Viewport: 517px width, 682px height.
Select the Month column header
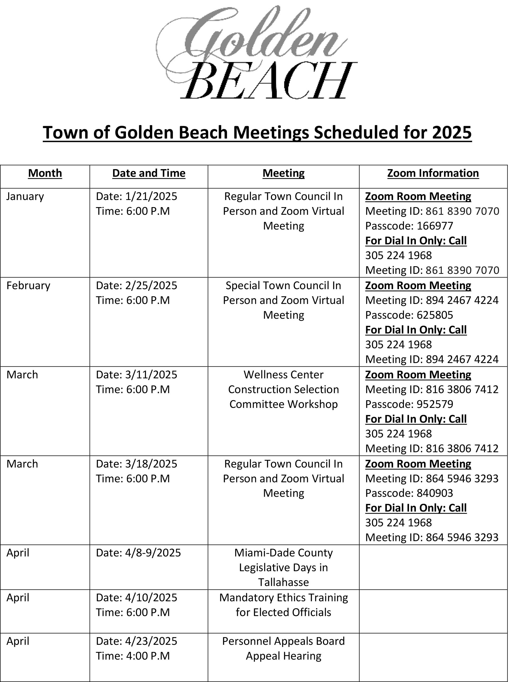click(x=45, y=173)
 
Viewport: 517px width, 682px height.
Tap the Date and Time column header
click(x=149, y=173)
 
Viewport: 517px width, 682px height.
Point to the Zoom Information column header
click(x=433, y=173)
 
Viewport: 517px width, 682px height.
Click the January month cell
click(x=25, y=196)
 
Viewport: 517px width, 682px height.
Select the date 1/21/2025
click(x=151, y=196)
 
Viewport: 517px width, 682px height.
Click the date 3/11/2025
click(x=151, y=375)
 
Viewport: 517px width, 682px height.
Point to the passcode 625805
click(x=435, y=315)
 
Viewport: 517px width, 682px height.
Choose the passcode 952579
click(x=435, y=404)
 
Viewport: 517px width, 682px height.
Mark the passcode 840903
click(x=435, y=493)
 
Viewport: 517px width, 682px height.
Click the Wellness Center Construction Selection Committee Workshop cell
click(x=283, y=389)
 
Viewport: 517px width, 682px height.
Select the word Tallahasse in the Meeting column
click(x=283, y=582)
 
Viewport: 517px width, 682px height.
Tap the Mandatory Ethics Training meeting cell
click(x=283, y=605)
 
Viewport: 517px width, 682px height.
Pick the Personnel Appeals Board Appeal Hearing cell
click(x=283, y=648)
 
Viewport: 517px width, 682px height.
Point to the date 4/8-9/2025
click(x=153, y=552)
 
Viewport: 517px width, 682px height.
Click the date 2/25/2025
click(x=151, y=285)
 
